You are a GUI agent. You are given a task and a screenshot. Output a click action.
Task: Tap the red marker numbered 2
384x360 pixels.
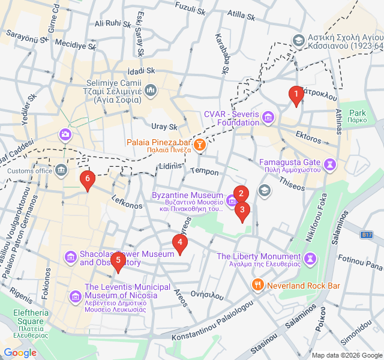click(x=241, y=194)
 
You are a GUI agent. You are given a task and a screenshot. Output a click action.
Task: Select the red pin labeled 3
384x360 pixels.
click(x=242, y=211)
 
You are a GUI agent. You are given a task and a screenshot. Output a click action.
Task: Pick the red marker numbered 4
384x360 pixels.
click(x=179, y=243)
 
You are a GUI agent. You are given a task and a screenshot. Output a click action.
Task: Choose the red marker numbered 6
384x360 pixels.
click(x=88, y=179)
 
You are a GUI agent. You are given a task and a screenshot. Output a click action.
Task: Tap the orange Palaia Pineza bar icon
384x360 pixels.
click(x=200, y=145)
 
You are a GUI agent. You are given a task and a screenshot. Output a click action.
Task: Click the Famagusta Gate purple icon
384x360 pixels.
click(x=329, y=163)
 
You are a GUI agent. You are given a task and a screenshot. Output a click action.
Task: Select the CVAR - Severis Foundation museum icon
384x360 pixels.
click(x=268, y=116)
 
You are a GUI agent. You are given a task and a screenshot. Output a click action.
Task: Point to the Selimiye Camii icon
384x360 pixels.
click(x=150, y=90)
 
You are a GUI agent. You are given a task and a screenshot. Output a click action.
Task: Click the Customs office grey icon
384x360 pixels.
click(x=61, y=171)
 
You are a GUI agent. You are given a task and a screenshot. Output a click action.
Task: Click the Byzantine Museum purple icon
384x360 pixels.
click(x=232, y=200)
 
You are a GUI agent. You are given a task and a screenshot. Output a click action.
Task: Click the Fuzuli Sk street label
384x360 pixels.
click(x=190, y=6)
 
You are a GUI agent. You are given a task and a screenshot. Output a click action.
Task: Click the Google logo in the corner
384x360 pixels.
click(x=20, y=353)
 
